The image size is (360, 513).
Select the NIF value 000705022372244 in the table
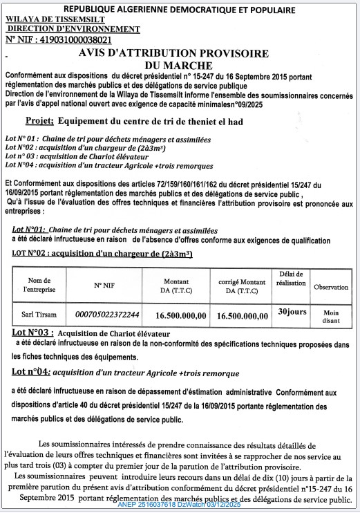click(x=107, y=315)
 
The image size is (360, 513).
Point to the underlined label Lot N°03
click(x=33, y=333)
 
